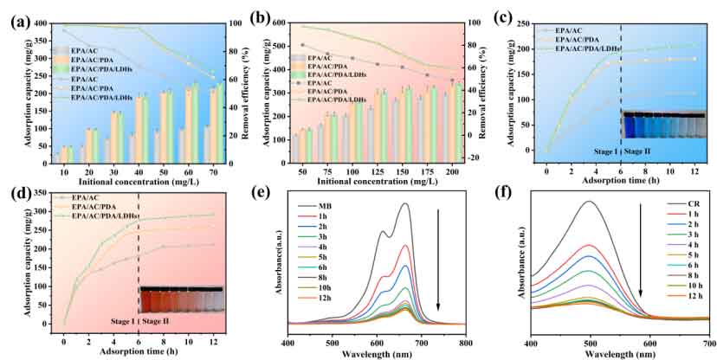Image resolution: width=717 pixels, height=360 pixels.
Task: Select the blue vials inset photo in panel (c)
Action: pos(659,125)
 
